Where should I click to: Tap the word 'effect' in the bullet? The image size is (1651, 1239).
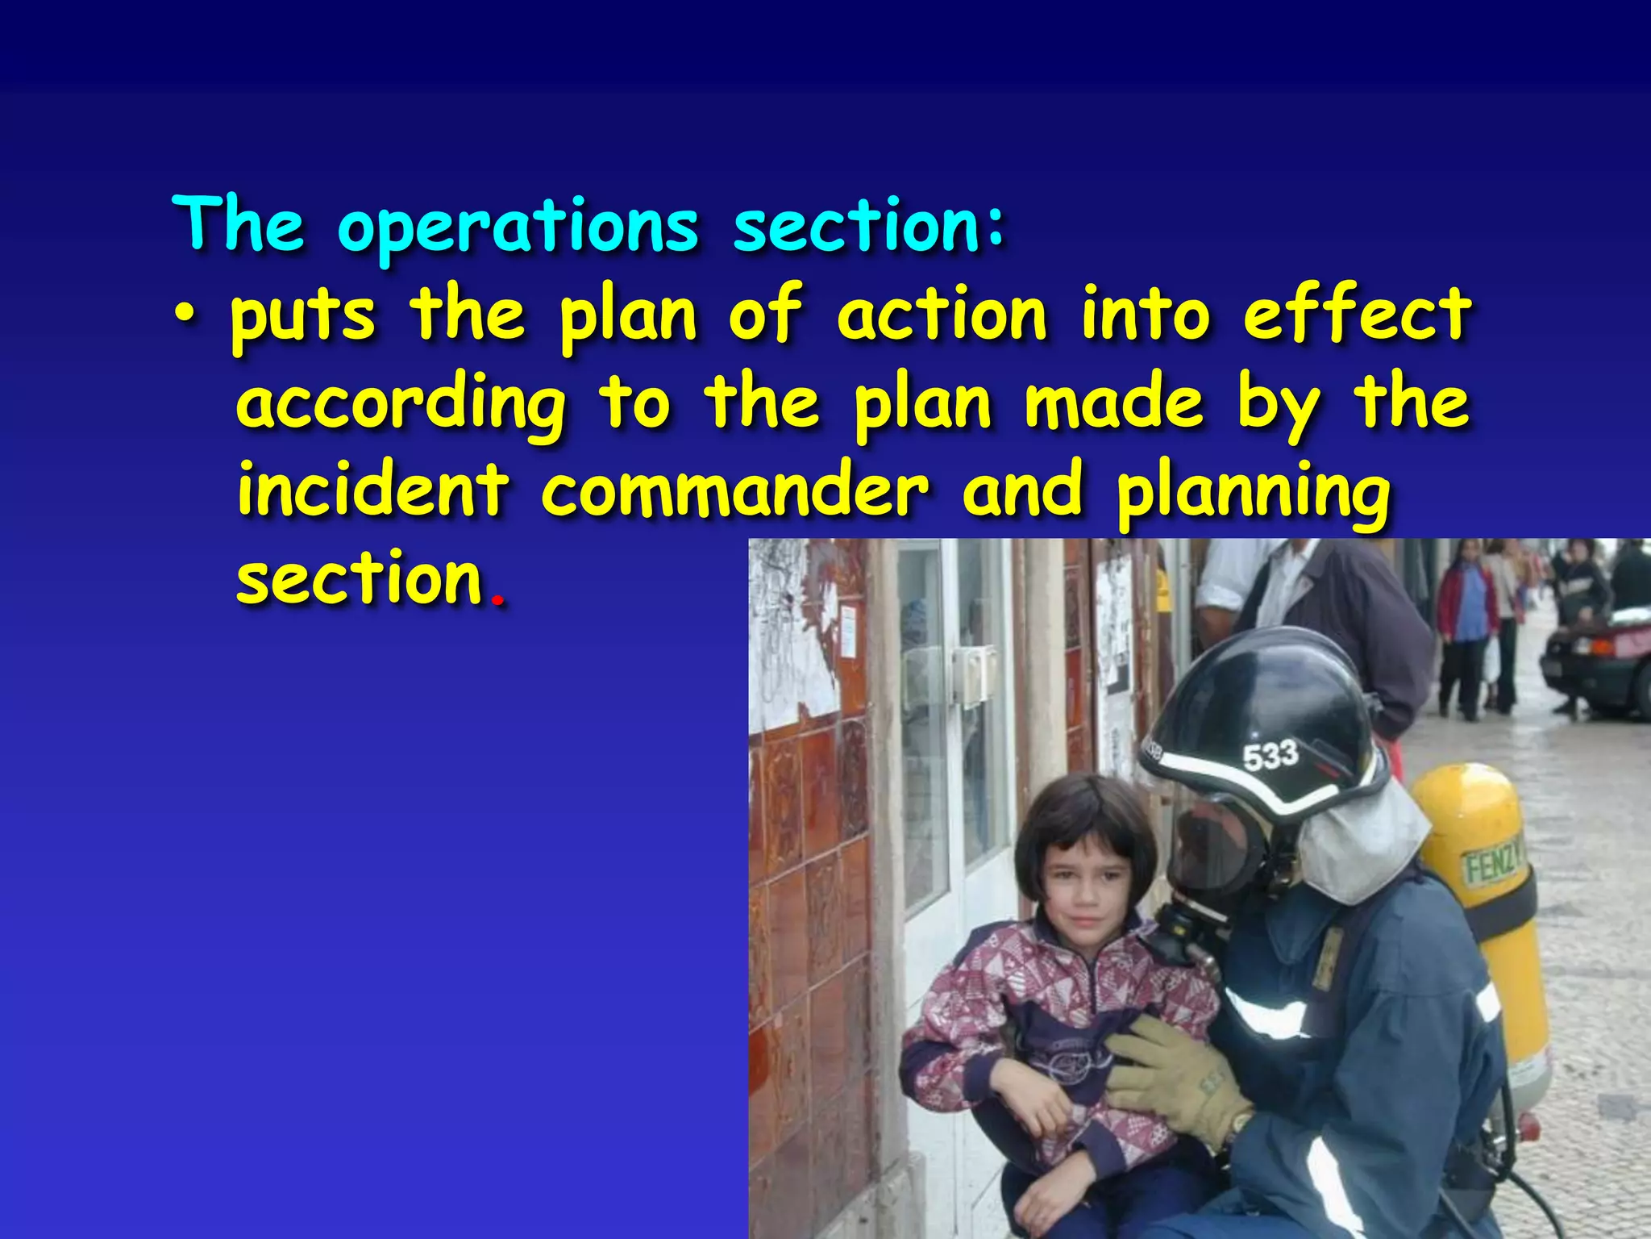pyautogui.click(x=1358, y=315)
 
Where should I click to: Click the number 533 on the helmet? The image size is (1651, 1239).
pyautogui.click(x=1270, y=757)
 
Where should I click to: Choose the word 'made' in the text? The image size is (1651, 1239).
pyautogui.click(x=1113, y=403)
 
